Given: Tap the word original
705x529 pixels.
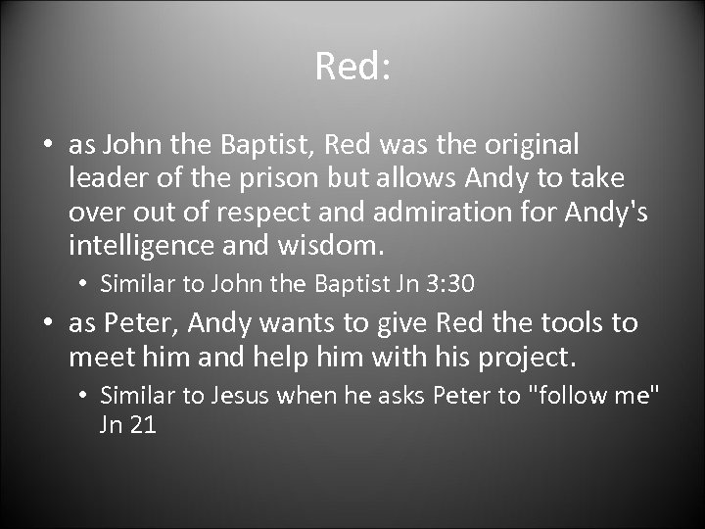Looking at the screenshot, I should (537, 146).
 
